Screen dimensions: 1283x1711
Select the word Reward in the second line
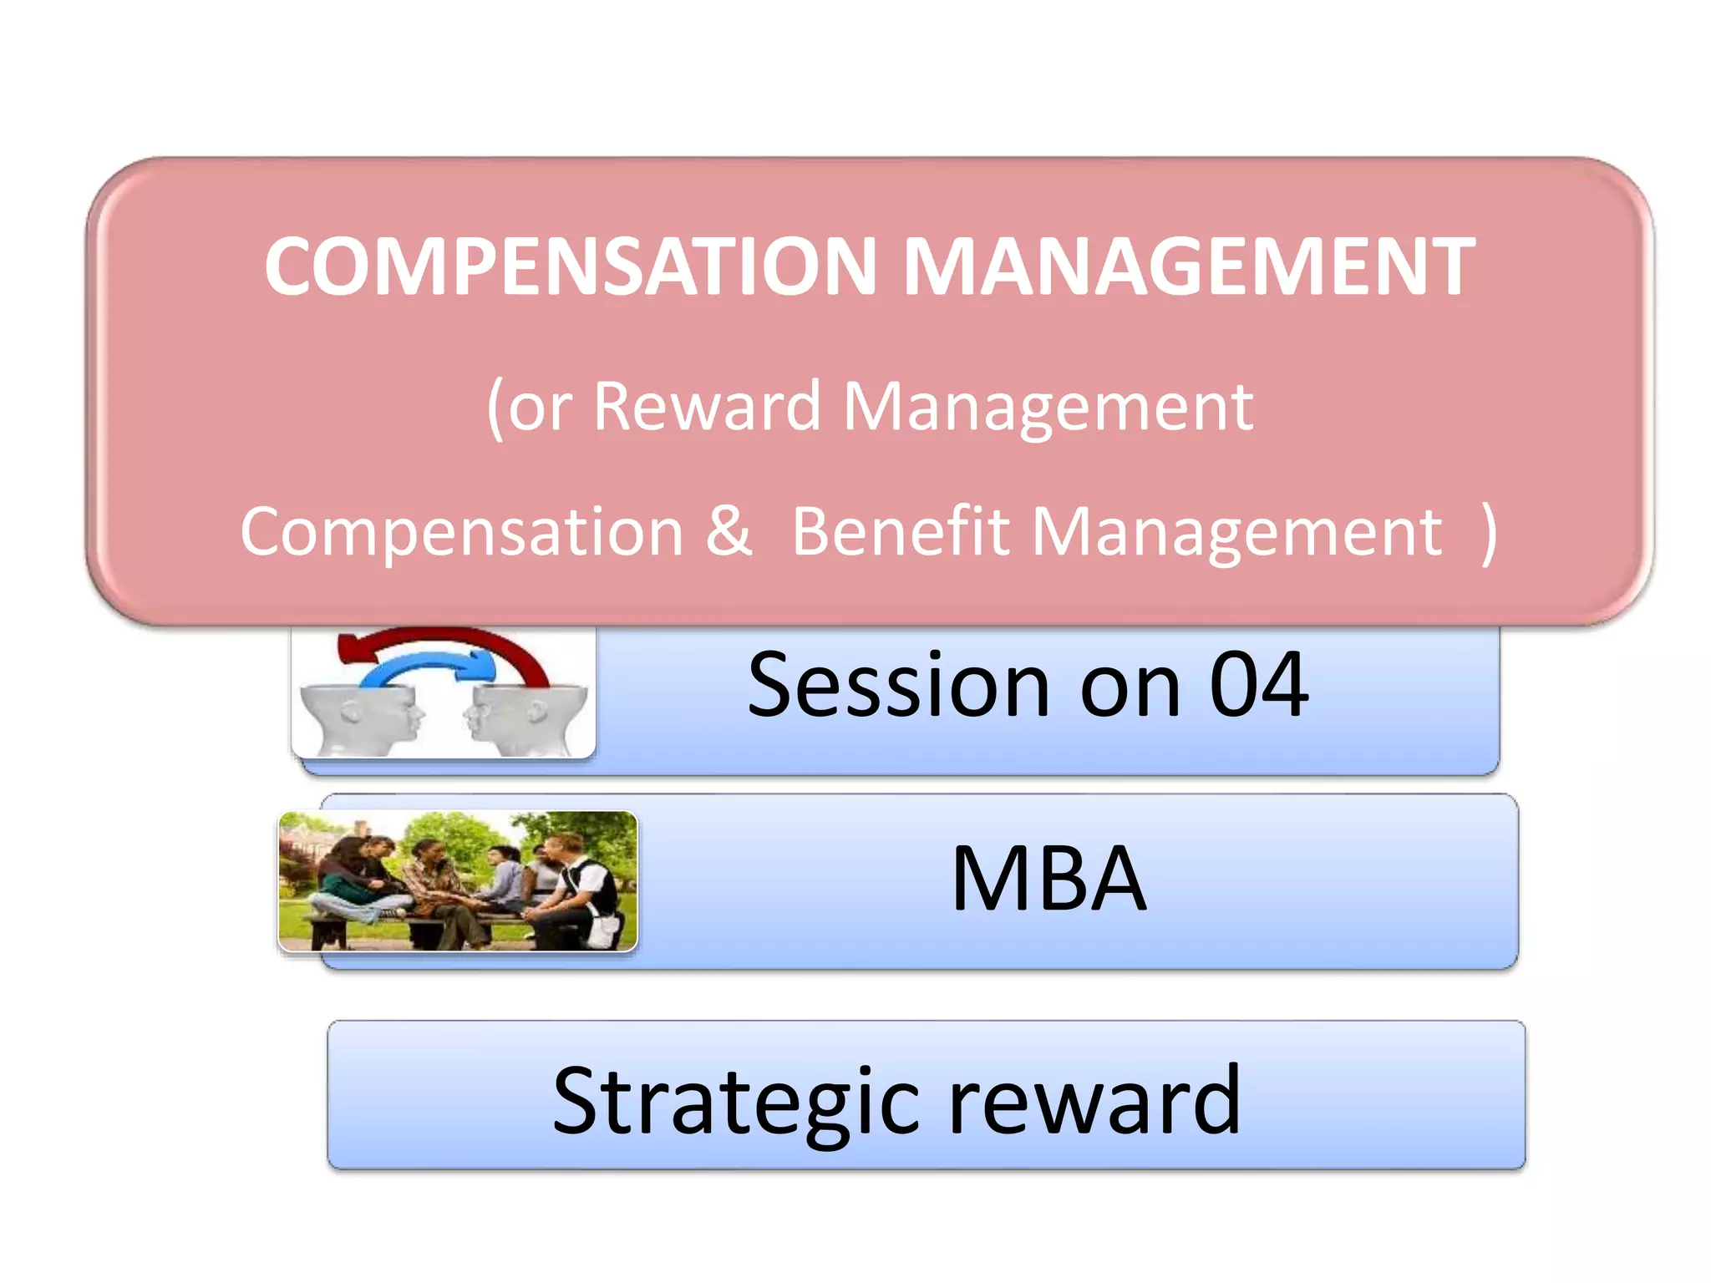[x=707, y=406]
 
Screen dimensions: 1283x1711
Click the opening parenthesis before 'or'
[x=495, y=408]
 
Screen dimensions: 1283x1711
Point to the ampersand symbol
[x=729, y=531]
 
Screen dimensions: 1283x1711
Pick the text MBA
[x=1048, y=879]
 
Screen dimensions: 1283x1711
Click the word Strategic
[x=735, y=1103]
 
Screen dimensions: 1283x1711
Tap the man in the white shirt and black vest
[x=585, y=885]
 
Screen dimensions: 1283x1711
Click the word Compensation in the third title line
[x=462, y=533]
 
